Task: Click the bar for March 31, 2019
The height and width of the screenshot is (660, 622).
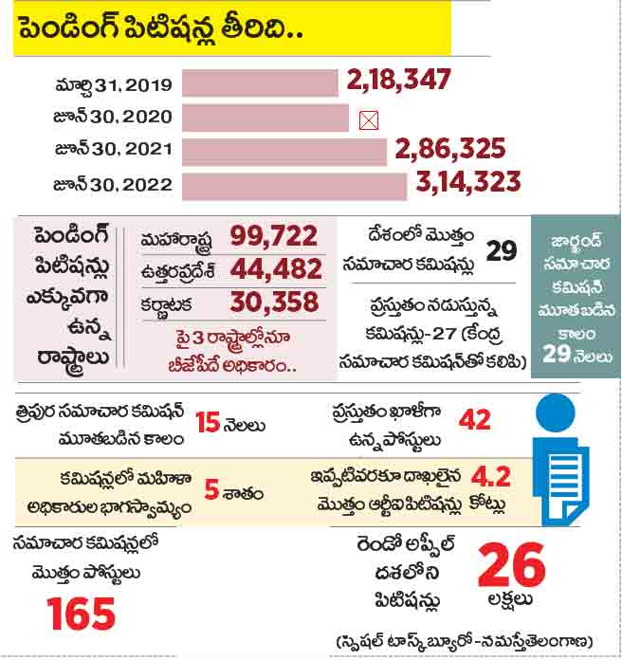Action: click(259, 83)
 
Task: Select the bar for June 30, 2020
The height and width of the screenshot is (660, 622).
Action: click(265, 118)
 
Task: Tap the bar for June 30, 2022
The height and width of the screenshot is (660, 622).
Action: click(293, 185)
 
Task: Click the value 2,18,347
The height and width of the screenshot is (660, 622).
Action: click(398, 81)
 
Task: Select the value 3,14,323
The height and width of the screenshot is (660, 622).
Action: click(466, 182)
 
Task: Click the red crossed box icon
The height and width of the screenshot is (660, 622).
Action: click(369, 120)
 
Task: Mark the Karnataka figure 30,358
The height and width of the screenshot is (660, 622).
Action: click(277, 302)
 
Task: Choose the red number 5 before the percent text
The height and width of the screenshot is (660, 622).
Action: click(210, 492)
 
